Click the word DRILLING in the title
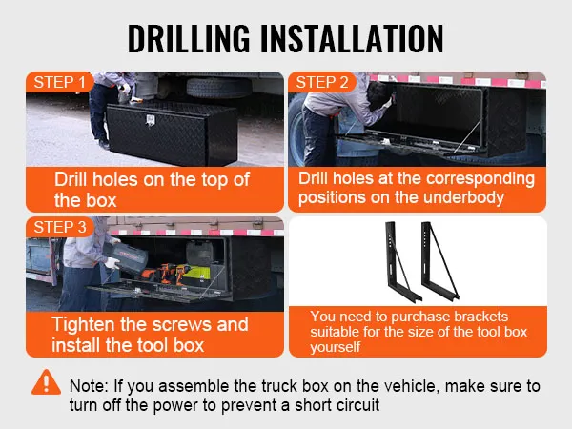pyautogui.click(x=189, y=38)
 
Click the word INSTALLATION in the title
pyautogui.click(x=352, y=38)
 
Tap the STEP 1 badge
pyautogui.click(x=59, y=82)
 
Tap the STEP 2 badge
pyautogui.click(x=322, y=82)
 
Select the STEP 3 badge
pyautogui.click(x=60, y=227)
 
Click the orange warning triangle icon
pyautogui.click(x=46, y=382)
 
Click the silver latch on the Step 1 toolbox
pyautogui.click(x=150, y=121)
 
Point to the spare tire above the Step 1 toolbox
pyautogui.click(x=218, y=88)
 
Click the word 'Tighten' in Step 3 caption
pyautogui.click(x=83, y=324)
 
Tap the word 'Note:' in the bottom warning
pyautogui.click(x=89, y=386)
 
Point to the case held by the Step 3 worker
pyautogui.click(x=126, y=256)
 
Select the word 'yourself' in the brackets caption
pyautogui.click(x=336, y=347)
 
